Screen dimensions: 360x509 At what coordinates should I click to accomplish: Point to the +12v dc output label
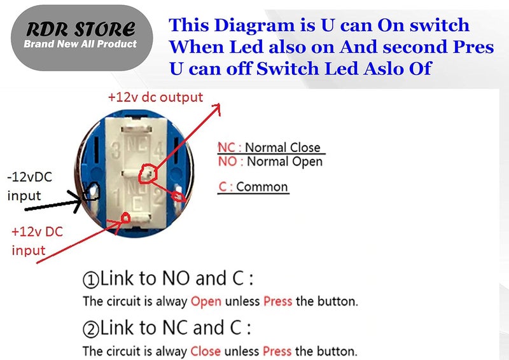point(155,97)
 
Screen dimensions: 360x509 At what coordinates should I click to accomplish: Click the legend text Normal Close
point(282,148)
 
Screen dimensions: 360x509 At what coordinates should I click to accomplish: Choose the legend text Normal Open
point(284,162)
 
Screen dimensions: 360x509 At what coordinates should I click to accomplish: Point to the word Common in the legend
point(262,188)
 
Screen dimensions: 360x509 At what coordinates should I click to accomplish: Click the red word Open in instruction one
point(206,300)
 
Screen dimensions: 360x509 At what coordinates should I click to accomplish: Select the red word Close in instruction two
point(206,350)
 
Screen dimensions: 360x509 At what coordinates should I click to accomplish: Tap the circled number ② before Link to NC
point(90,329)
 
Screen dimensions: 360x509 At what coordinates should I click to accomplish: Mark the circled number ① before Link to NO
point(90,279)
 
